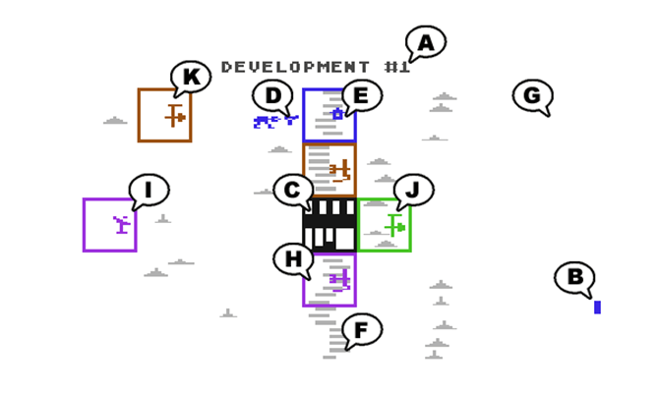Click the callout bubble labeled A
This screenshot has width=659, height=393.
[426, 42]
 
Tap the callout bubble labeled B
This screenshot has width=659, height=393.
[574, 277]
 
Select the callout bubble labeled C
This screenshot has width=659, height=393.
[292, 191]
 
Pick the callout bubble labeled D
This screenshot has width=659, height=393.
[273, 95]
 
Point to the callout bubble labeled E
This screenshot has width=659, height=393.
[361, 95]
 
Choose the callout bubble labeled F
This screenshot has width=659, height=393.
[362, 330]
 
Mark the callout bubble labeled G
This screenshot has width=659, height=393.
[532, 95]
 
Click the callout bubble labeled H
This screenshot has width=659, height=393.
[293, 259]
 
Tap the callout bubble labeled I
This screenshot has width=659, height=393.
[149, 190]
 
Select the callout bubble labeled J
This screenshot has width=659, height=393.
[413, 190]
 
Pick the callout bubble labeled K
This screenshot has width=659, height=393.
[191, 77]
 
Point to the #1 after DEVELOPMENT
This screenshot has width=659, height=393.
[396, 67]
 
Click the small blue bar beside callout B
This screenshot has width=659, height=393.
[597, 308]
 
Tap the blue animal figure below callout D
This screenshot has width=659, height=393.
[274, 122]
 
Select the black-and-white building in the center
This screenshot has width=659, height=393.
[329, 225]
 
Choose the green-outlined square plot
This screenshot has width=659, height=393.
[384, 225]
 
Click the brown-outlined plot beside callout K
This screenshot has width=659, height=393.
[164, 115]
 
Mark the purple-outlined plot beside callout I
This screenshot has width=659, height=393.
[109, 225]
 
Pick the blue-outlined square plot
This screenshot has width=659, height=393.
[329, 116]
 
